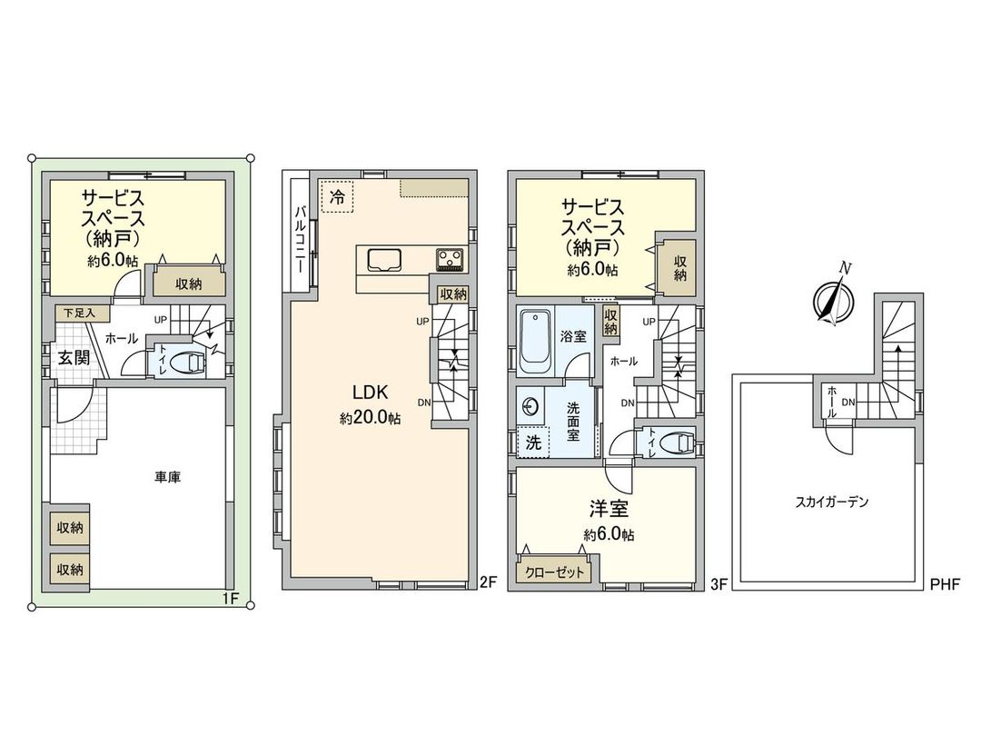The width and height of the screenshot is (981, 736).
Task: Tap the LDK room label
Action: click(371, 393)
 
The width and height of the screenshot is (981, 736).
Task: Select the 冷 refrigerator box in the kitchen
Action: click(337, 195)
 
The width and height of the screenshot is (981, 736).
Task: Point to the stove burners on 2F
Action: click(450, 259)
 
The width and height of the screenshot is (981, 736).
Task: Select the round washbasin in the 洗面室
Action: click(532, 407)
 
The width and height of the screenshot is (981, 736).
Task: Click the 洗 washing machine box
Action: click(532, 443)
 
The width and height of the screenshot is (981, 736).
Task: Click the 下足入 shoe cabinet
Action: click(84, 312)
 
